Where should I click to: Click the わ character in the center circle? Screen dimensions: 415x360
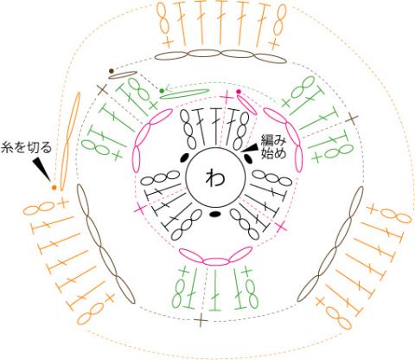(214, 177)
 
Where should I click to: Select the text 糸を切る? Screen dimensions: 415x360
(26, 148)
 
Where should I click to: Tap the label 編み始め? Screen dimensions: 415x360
(273, 147)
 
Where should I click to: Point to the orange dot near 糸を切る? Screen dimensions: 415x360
(54, 188)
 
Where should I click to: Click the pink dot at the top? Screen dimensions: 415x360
(239, 92)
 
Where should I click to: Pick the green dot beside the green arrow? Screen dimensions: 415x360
(162, 91)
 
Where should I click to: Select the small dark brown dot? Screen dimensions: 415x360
(112, 71)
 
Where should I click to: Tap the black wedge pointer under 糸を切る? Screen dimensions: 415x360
(41, 169)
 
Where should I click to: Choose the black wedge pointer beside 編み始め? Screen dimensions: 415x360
(250, 148)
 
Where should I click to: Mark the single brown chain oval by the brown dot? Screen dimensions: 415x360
(122, 74)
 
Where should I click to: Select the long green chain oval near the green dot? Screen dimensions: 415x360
(184, 93)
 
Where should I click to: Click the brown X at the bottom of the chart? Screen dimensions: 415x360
(201, 320)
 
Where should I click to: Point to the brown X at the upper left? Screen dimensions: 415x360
(102, 90)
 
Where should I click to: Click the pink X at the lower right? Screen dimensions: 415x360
(281, 228)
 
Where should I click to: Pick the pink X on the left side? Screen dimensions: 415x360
(140, 208)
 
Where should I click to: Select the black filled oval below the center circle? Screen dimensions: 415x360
(214, 214)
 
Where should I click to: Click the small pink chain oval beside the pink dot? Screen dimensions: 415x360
(246, 105)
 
